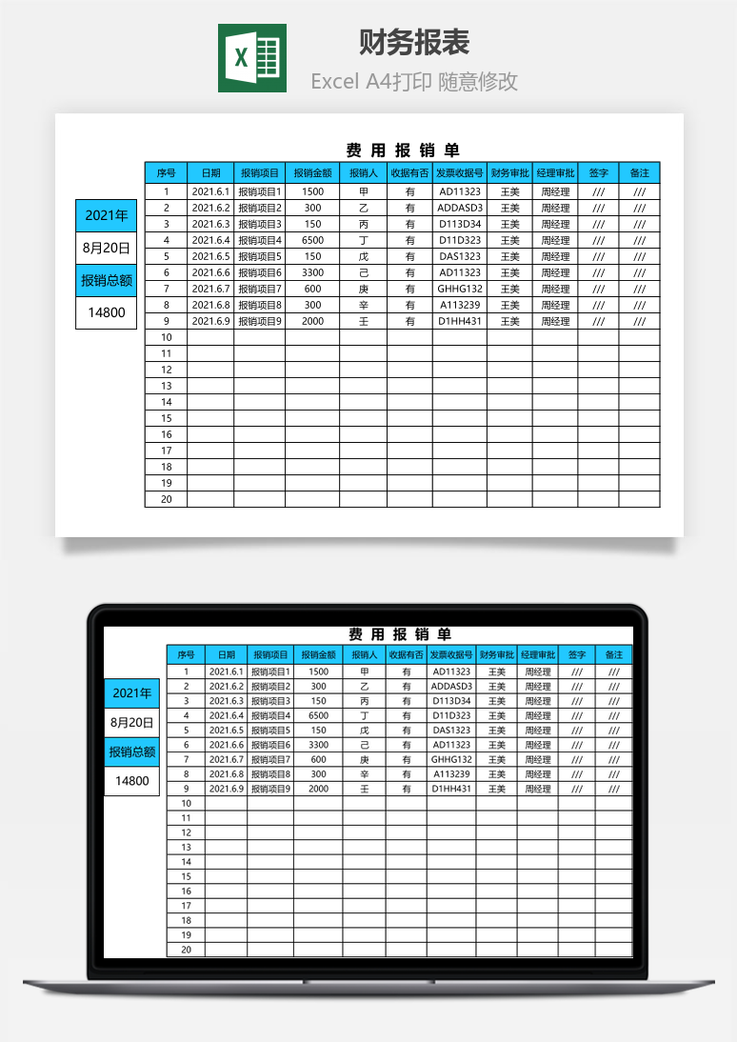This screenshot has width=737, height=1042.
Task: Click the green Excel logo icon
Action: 251,58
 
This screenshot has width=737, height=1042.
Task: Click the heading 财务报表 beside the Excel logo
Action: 414,43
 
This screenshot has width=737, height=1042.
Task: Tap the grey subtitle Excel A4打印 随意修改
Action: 414,82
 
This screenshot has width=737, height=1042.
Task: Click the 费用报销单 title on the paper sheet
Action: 402,150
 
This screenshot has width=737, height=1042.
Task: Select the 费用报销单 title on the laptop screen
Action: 400,634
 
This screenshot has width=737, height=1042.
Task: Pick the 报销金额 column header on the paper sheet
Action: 312,173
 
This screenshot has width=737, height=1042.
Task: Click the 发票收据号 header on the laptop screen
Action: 451,655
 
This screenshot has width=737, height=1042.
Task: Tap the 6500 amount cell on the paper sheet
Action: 312,240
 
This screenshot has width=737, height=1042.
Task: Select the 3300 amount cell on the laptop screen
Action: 318,745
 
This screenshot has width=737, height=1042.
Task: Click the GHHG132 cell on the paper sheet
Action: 460,289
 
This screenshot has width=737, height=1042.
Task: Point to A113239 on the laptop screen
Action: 451,774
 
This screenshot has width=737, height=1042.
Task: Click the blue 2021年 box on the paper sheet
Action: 107,215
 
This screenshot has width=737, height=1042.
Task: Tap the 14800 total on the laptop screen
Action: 132,781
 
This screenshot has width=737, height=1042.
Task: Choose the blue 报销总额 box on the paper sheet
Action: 107,280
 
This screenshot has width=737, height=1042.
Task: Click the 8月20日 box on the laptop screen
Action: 132,722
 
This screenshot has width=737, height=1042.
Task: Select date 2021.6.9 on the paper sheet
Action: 210,321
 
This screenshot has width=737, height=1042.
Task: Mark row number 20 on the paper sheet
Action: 166,499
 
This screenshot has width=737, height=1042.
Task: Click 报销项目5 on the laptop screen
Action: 270,731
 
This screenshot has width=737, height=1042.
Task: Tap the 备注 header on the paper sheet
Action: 639,173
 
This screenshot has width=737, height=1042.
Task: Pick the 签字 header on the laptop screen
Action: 577,655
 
